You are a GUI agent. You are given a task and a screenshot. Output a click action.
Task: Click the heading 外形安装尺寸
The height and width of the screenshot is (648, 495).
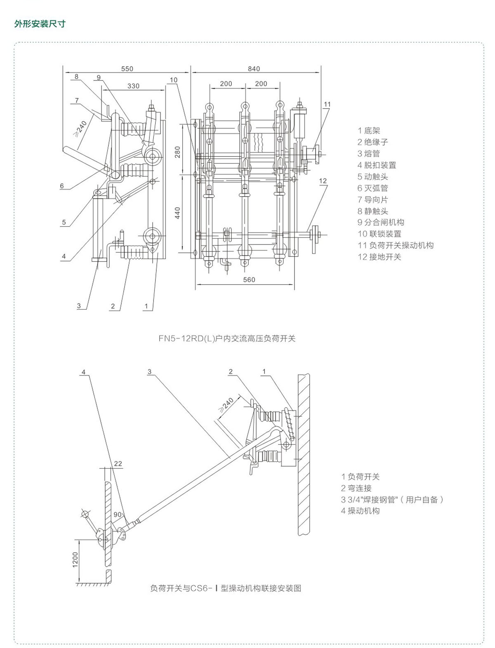[40, 24]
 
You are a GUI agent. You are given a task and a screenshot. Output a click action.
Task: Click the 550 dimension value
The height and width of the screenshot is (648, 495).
[127, 69]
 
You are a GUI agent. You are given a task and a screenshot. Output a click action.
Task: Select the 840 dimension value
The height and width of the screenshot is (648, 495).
[254, 69]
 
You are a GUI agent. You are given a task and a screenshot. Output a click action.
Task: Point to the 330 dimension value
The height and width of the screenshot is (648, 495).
[133, 86]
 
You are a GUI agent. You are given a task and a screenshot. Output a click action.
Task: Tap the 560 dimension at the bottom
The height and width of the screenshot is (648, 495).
[249, 280]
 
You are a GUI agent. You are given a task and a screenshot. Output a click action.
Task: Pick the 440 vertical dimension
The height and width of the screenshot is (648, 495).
[178, 213]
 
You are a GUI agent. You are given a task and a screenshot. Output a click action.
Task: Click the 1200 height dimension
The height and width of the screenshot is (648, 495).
[75, 560]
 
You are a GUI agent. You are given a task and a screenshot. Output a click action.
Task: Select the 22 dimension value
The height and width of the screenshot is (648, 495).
[118, 464]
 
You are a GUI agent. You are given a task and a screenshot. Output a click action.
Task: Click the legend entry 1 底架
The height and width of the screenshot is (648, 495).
[369, 131]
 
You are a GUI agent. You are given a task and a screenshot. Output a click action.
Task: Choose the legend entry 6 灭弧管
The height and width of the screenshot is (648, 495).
[373, 188]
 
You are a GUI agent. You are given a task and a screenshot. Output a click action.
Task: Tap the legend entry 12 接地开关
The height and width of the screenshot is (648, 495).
[379, 257]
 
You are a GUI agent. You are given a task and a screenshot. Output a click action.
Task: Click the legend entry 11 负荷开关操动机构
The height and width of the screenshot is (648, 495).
[396, 245]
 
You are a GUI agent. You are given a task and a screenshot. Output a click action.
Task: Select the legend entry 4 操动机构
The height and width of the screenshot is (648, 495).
[360, 511]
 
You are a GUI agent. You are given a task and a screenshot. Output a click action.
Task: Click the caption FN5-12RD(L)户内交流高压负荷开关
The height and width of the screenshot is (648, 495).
[227, 339]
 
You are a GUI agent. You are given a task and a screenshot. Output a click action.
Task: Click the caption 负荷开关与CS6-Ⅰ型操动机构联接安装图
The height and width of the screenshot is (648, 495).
[226, 588]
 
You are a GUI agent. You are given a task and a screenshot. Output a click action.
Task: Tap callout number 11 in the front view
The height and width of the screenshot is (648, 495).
[327, 104]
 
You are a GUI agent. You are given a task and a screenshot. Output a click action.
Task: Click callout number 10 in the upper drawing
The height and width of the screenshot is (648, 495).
[173, 80]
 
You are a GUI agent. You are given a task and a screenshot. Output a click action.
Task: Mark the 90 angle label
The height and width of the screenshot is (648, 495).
[118, 515]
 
